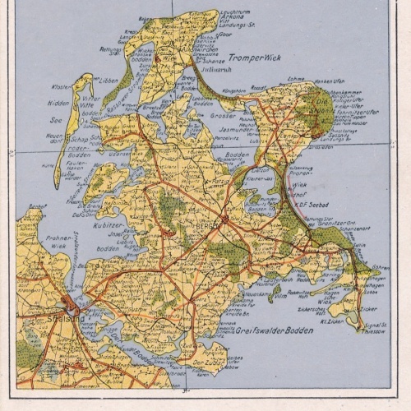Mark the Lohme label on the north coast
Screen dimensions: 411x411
click(x=294, y=79)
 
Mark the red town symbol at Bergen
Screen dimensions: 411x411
click(x=224, y=219)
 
